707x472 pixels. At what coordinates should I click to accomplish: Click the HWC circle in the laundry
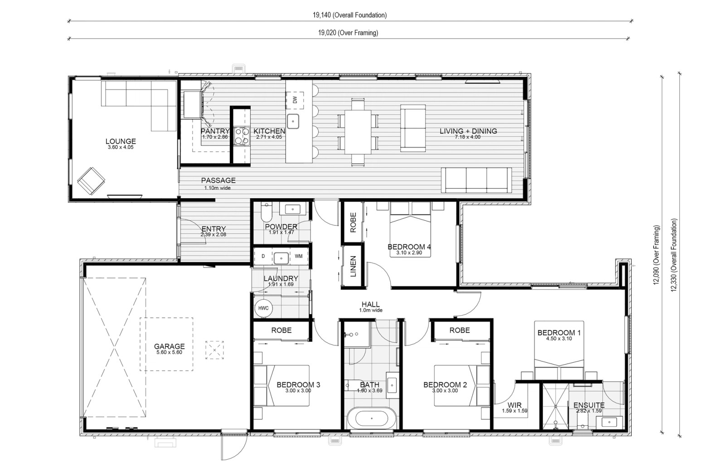[x=263, y=308]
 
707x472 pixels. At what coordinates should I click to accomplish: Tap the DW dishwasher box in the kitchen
[x=295, y=100]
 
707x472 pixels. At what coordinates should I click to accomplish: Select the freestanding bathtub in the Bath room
[x=372, y=418]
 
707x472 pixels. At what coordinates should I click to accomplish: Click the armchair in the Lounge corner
[x=91, y=181]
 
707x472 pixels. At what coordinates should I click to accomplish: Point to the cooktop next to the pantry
[x=242, y=136]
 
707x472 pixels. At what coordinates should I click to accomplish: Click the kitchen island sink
[x=293, y=121]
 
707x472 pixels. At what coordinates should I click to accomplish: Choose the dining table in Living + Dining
[x=358, y=131]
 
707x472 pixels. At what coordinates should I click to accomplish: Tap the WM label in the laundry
[x=299, y=256]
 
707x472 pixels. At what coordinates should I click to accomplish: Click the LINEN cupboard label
[x=353, y=266]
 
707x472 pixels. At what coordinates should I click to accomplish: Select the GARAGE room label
[x=169, y=346]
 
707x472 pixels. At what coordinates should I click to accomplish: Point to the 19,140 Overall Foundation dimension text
[x=350, y=15]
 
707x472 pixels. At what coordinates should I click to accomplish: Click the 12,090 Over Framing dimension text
[x=657, y=255]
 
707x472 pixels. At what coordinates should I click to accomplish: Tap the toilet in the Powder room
[x=266, y=212]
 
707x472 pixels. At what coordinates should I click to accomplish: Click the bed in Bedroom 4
[x=410, y=229]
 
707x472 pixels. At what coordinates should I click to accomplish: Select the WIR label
[x=514, y=405]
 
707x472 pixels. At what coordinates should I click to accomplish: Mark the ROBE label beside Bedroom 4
[x=353, y=223]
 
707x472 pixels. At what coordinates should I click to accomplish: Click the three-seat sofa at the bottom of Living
[x=476, y=180]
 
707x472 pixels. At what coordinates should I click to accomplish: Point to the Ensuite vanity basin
[x=609, y=422]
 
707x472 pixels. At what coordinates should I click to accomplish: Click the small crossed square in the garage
[x=215, y=350]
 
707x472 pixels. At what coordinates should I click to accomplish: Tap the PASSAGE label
[x=218, y=180]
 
